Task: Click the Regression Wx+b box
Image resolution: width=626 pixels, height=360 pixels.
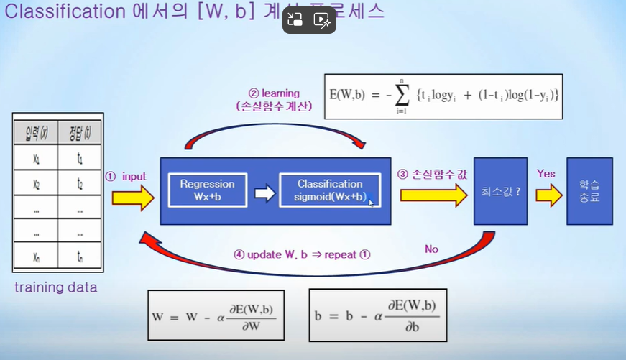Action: click(206, 189)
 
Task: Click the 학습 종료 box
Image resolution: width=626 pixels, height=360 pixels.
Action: click(589, 191)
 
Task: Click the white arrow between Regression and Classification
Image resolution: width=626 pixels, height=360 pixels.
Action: click(264, 193)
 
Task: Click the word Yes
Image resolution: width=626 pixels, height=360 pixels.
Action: click(546, 173)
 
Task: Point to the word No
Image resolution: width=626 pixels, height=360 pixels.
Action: click(431, 249)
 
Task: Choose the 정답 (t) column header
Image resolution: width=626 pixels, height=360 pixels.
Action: click(79, 133)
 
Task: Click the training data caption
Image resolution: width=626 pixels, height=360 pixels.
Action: click(55, 288)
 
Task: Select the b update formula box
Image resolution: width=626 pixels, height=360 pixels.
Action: click(377, 314)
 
